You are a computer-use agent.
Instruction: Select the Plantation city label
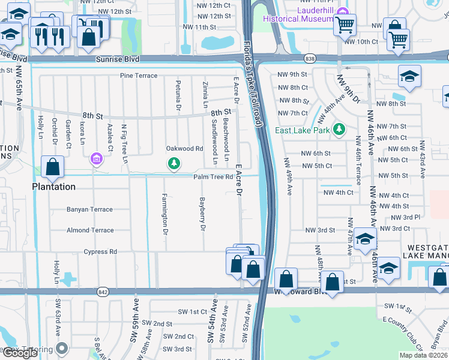point(54,187)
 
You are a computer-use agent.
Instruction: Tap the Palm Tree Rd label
point(212,177)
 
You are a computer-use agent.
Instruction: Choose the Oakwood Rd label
point(185,149)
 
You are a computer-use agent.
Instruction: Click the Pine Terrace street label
point(139,76)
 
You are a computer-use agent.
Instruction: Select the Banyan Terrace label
point(90,209)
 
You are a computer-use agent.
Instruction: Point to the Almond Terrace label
point(90,230)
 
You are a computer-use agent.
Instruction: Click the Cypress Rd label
point(100,252)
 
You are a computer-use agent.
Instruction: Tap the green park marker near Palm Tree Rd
point(174,163)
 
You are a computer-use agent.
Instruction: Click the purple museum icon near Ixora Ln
point(95,159)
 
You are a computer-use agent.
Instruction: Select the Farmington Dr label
point(164,214)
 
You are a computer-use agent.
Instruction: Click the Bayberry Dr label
point(203,214)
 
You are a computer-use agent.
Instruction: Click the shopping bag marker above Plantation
point(52,167)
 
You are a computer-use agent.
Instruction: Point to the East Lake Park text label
point(303,130)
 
